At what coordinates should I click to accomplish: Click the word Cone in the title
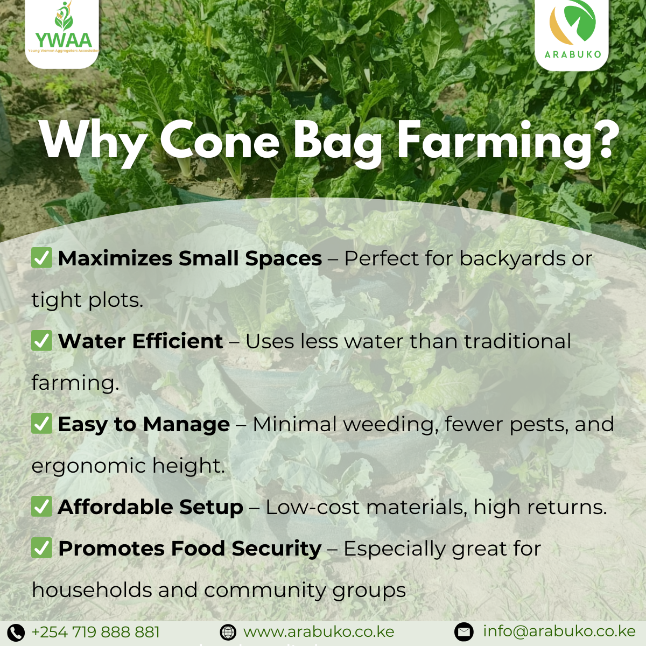click(x=220, y=138)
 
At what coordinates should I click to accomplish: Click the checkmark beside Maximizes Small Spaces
click(x=41, y=257)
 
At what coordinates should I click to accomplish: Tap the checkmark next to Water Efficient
click(x=41, y=340)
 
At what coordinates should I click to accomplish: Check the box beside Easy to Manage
click(x=41, y=423)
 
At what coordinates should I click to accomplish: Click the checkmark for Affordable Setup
click(x=41, y=506)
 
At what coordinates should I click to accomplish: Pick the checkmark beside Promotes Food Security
click(x=41, y=548)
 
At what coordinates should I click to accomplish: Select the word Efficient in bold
click(x=178, y=341)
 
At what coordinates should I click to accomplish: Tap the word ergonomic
click(x=89, y=467)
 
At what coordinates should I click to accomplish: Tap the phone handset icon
click(x=16, y=631)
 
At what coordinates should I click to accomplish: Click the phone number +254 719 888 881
click(x=95, y=631)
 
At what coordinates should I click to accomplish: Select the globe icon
click(x=228, y=632)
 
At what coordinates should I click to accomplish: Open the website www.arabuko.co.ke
click(x=319, y=632)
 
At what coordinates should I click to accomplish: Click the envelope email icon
click(x=464, y=631)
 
